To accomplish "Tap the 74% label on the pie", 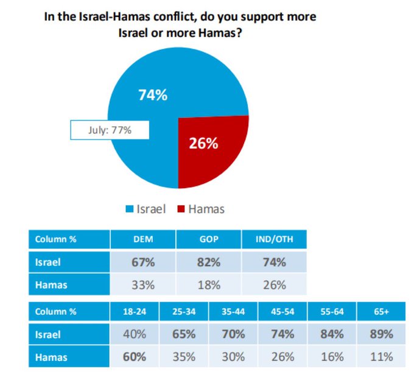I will pos(152,95).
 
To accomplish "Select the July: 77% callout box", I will pos(109,130).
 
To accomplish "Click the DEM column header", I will pos(142,239).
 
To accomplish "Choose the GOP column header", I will pos(209,239).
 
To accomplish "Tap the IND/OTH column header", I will pos(275,239).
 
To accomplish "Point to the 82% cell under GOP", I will pos(209,262).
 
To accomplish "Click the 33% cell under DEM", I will pos(142,284).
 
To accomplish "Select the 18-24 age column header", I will pos(135,311).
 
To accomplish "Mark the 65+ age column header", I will pos(382,311).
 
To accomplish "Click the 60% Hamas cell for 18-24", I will pos(135,356).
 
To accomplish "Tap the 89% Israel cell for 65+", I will pos(382,334).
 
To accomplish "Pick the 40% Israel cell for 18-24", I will pos(135,334).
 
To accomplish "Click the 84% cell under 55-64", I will pos(332,334).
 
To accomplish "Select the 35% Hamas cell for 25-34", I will pos(184,356).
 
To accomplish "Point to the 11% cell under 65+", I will pos(382,356).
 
